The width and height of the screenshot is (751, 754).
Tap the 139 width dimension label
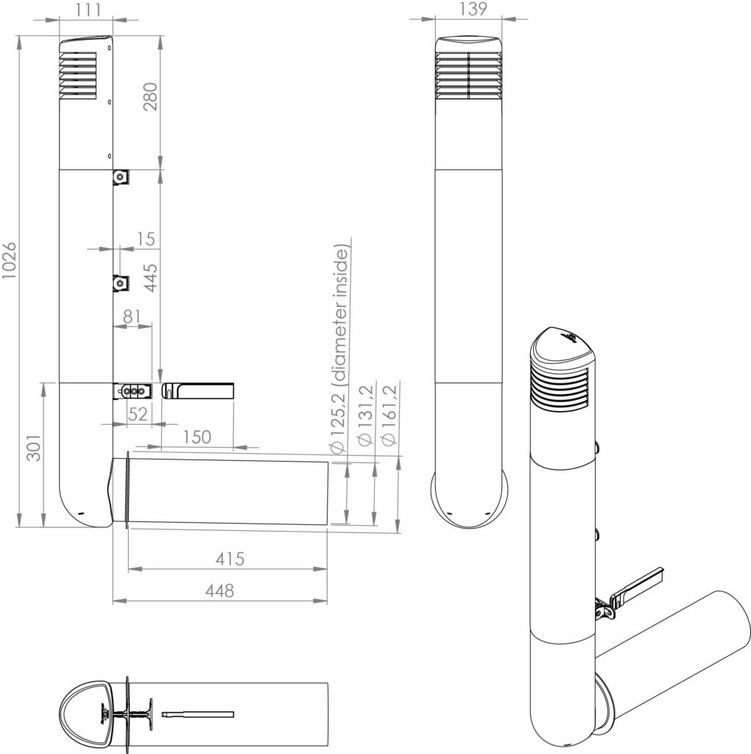(473, 9)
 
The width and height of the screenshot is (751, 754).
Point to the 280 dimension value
(150, 96)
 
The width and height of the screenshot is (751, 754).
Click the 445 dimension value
(150, 278)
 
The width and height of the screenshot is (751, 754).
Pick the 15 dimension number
(146, 239)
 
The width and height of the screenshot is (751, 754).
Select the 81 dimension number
(132, 317)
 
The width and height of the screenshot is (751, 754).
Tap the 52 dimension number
(138, 414)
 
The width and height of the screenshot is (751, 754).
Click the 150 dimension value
(197, 437)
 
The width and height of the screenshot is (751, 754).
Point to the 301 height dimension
(34, 448)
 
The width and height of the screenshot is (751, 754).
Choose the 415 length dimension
(230, 558)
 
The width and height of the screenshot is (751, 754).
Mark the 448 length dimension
(219, 590)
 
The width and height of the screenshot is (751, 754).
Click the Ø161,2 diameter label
(389, 414)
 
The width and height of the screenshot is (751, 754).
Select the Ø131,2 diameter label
(364, 415)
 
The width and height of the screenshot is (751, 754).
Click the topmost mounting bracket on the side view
(121, 177)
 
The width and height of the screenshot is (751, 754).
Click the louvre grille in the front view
(468, 76)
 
